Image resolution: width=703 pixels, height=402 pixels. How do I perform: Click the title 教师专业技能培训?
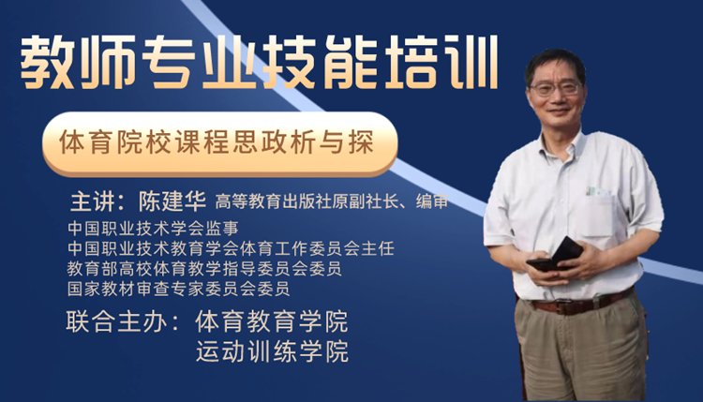point(259,63)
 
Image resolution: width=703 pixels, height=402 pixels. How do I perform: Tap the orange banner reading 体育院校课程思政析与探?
point(219,143)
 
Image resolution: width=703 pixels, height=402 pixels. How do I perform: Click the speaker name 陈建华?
point(172,201)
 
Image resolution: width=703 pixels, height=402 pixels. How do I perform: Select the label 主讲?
point(93,201)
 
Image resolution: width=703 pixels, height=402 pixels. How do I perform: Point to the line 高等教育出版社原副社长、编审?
point(332,201)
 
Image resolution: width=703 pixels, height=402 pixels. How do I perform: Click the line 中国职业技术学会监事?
point(153,228)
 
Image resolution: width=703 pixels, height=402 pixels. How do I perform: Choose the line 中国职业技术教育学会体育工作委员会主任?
point(231,248)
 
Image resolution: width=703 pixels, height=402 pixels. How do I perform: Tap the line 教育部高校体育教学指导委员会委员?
point(204,268)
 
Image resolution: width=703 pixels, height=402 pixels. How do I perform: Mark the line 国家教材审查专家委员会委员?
point(178,289)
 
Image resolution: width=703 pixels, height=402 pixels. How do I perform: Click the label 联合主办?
point(116,321)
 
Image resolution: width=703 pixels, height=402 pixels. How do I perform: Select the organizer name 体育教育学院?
point(272,321)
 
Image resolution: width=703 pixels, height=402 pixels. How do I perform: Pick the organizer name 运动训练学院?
point(272,351)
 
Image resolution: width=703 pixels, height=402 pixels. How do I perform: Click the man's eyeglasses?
point(556,88)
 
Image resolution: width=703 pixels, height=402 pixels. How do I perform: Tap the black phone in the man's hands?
point(556,255)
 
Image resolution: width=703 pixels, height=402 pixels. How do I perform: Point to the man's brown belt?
point(578,303)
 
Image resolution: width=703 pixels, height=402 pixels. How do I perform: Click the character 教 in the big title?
point(48,63)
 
